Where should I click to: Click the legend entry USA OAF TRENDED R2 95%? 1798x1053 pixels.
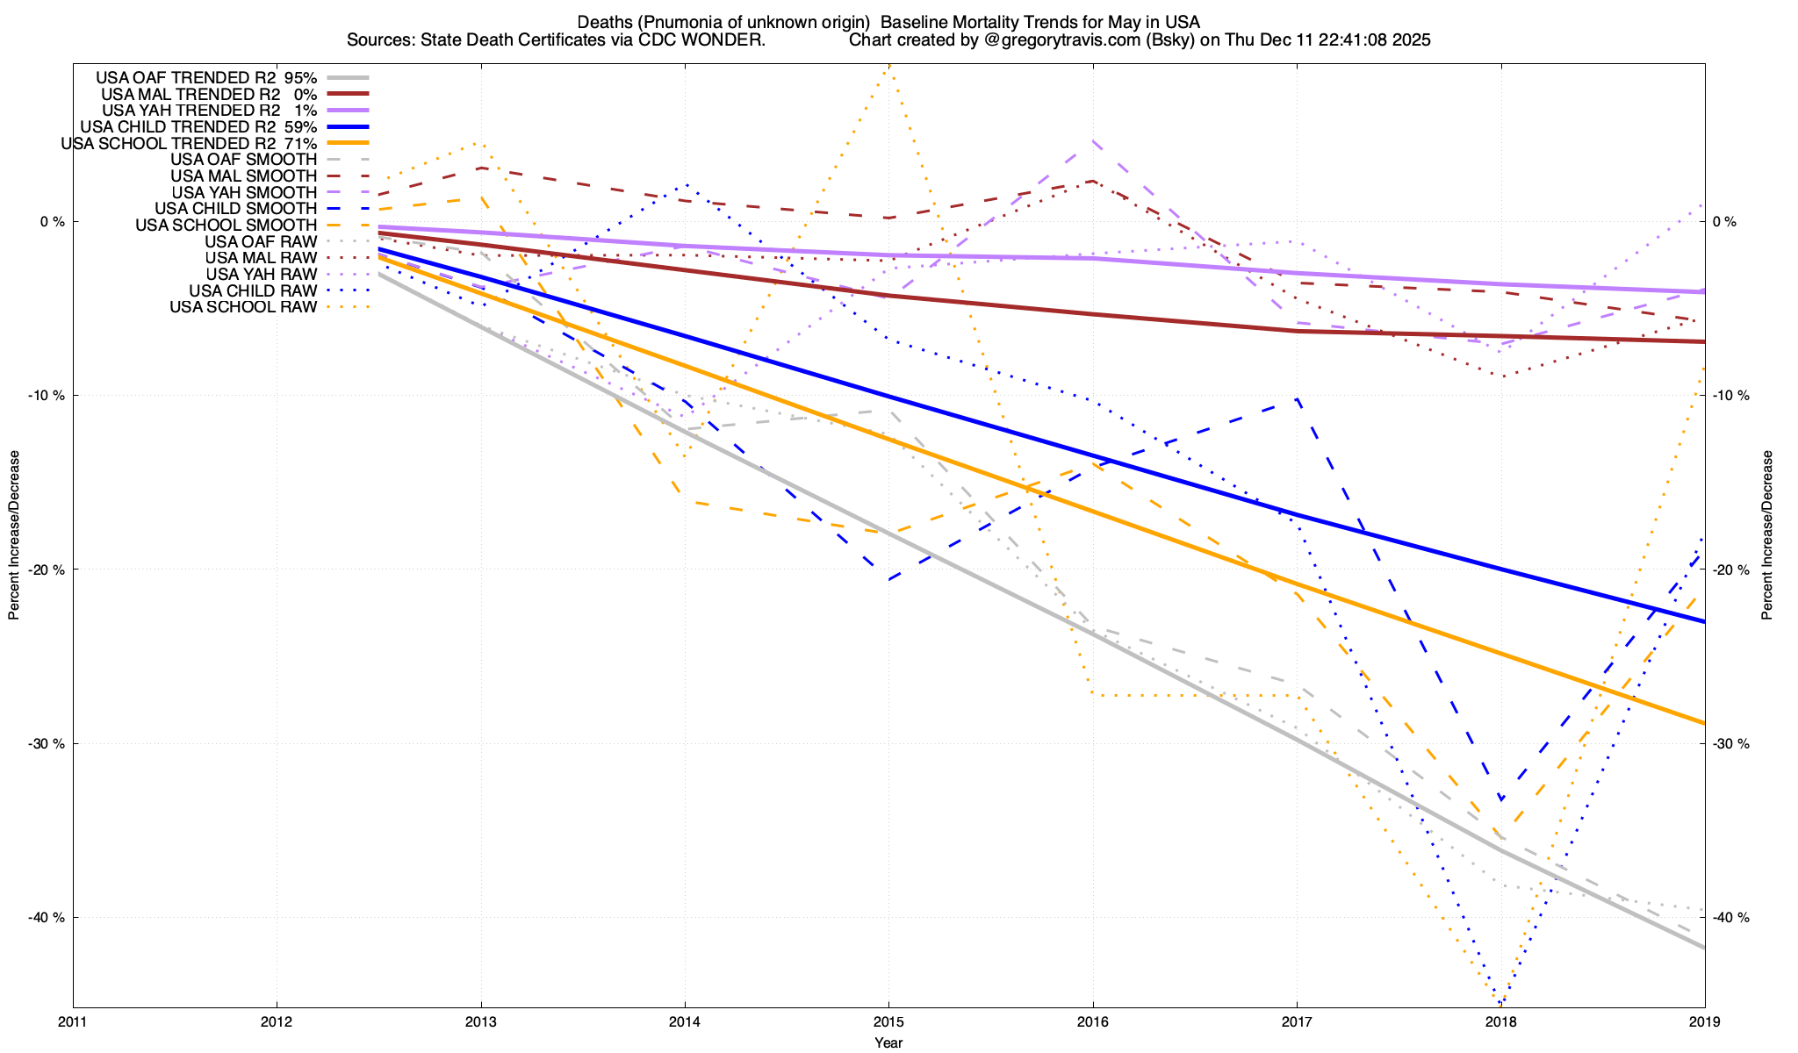[206, 77]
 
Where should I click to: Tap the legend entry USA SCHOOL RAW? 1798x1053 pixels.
[243, 307]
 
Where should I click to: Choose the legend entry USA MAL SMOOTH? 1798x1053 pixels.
[243, 176]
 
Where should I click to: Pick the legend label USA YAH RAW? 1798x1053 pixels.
[261, 275]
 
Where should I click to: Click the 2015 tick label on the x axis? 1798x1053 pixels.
[888, 1021]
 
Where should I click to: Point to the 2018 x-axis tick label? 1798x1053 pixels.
[1500, 1021]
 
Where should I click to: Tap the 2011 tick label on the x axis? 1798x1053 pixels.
[73, 1021]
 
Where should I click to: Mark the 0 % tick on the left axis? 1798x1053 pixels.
[53, 222]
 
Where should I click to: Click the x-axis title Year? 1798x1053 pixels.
[888, 1042]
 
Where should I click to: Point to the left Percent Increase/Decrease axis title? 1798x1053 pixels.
[14, 535]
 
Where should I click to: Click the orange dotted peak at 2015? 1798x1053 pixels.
[888, 66]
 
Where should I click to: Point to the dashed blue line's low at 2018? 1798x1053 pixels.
[1501, 799]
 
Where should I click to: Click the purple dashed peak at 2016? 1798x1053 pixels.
[1092, 140]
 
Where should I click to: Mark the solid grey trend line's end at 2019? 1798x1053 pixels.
[1704, 948]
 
